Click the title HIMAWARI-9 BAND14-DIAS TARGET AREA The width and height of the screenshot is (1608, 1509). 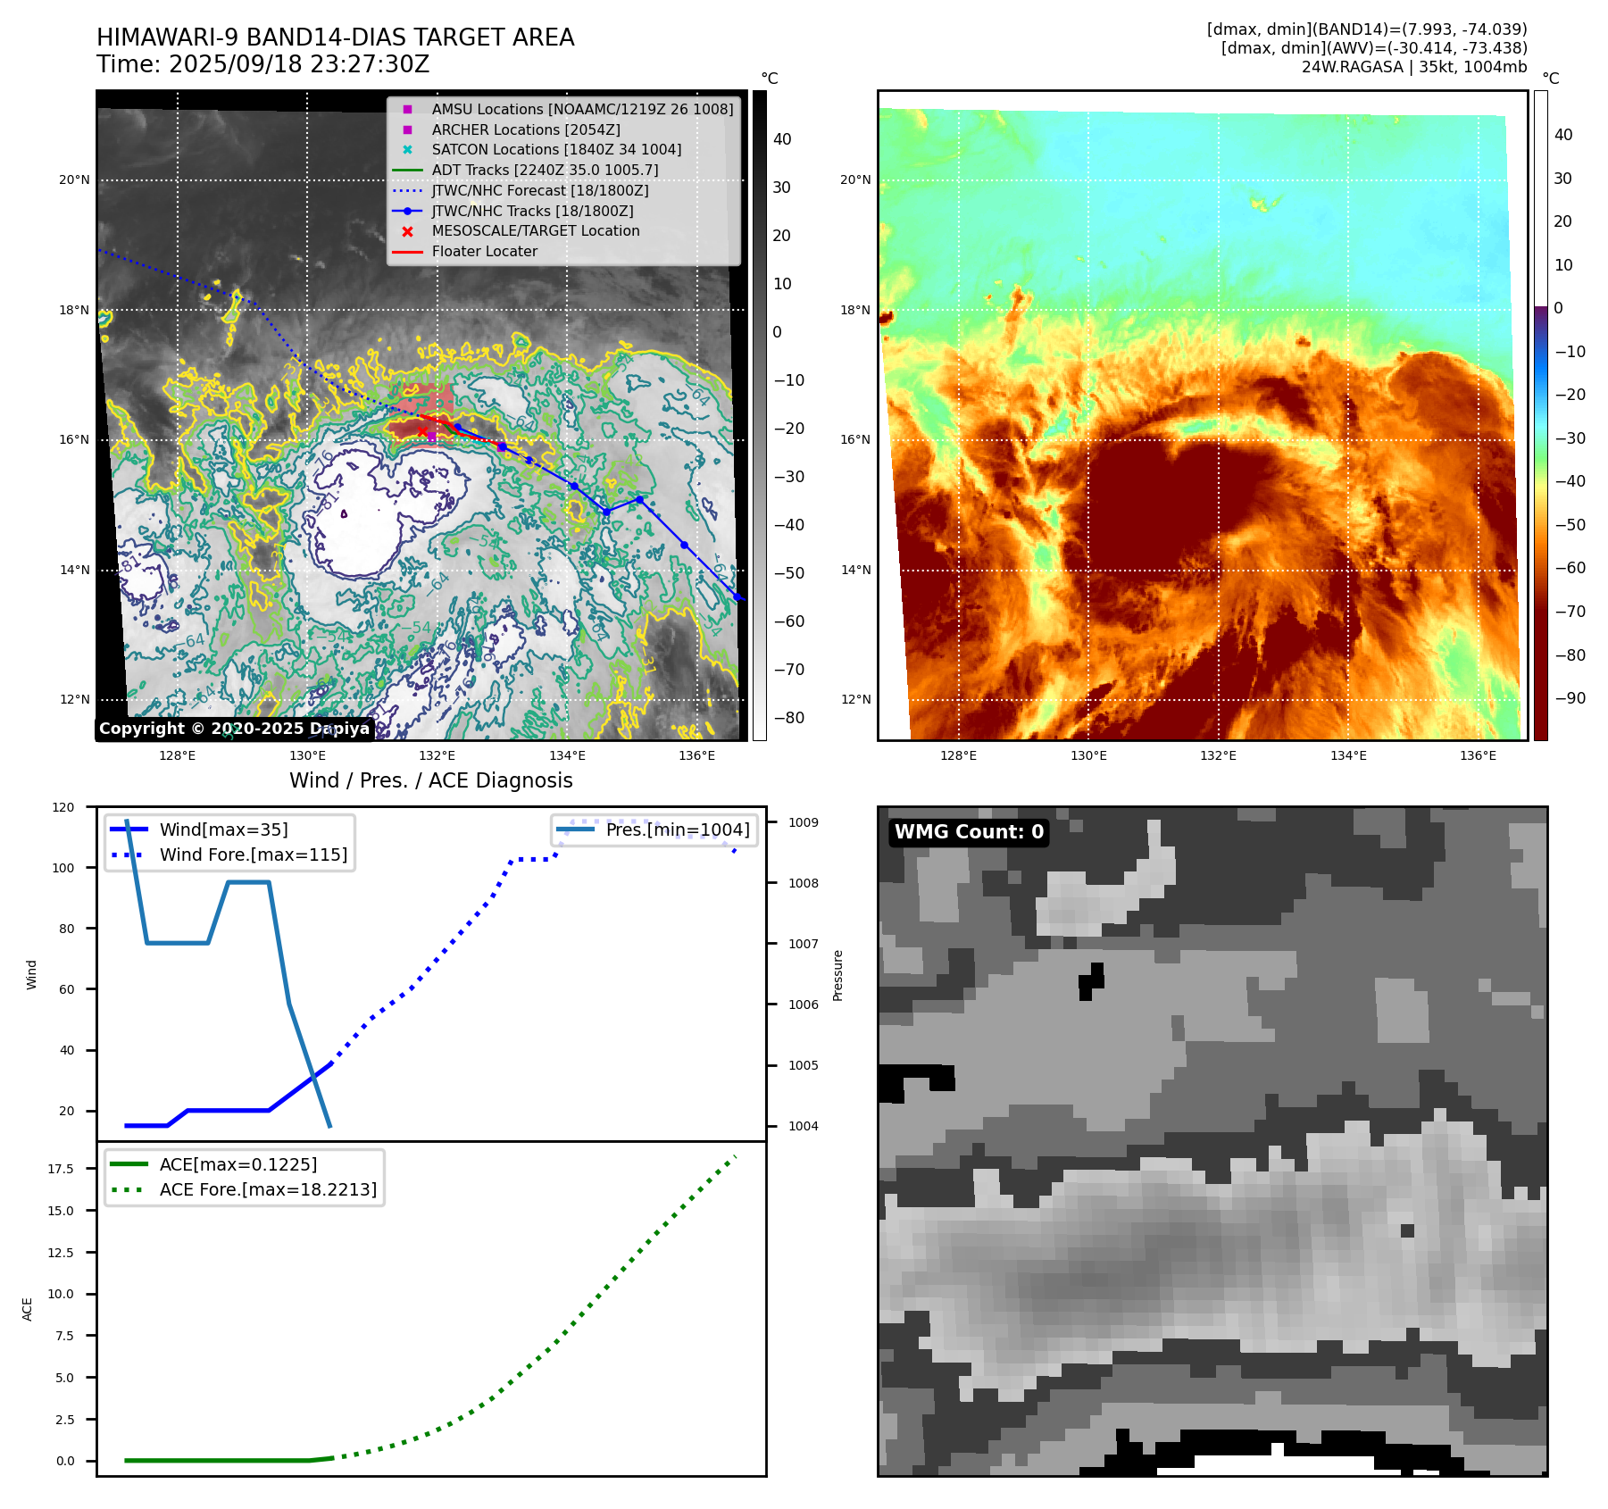[x=335, y=38]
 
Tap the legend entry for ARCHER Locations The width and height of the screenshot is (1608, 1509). [x=526, y=129]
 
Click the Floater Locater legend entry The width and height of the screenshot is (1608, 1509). [x=484, y=252]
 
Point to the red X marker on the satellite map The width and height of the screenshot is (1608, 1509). [x=422, y=431]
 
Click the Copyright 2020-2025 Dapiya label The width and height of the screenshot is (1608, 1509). [x=234, y=729]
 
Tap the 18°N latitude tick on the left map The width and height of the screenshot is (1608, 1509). [x=74, y=311]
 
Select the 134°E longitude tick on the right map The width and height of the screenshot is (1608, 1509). [x=1348, y=755]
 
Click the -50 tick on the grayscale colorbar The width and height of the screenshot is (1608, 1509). [x=788, y=573]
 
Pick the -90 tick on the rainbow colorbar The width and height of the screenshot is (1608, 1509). [x=1570, y=698]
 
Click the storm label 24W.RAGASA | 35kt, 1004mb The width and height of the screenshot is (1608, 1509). [x=1413, y=67]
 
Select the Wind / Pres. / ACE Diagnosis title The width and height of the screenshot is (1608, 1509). [x=430, y=780]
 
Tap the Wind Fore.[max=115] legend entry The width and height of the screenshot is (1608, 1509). [x=254, y=855]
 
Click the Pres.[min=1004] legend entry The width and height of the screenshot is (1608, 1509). [x=677, y=830]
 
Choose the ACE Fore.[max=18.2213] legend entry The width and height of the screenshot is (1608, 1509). [x=268, y=1189]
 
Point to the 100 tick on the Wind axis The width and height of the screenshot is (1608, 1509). [x=63, y=868]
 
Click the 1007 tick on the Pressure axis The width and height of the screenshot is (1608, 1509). [x=803, y=944]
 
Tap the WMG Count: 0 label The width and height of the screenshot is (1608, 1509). [x=969, y=832]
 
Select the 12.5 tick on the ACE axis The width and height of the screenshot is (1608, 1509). [x=61, y=1253]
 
